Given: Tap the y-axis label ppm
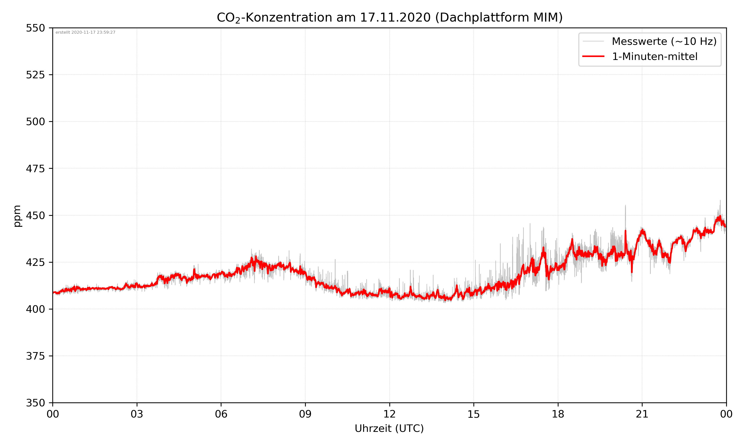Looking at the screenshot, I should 17,216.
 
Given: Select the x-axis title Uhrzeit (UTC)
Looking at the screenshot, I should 389,428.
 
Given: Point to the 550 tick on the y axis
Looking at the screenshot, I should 35,28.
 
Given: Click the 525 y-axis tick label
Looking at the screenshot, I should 35,75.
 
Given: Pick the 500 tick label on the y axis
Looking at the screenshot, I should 35,122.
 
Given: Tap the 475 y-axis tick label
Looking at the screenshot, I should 35,168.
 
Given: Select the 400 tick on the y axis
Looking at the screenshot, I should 35,309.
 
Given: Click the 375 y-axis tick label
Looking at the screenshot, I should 35,356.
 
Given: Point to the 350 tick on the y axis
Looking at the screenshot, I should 35,403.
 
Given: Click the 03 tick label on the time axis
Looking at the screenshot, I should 137,414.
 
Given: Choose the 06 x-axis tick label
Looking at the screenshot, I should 221,414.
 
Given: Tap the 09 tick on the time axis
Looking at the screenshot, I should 305,414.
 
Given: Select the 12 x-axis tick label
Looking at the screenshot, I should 389,414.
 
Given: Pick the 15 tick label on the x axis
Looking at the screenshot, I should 474,414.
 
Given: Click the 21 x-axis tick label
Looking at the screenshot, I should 642,414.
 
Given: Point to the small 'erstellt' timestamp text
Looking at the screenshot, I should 85,32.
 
